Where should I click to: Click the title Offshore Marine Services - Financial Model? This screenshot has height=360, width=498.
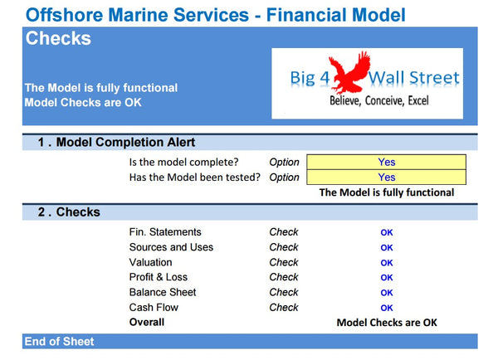click(215, 14)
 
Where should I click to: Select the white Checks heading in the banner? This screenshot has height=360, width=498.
click(58, 39)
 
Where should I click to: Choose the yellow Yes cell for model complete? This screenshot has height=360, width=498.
click(386, 163)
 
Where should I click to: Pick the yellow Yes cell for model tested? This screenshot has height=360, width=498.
click(386, 178)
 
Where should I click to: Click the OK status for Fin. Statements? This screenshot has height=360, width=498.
click(387, 233)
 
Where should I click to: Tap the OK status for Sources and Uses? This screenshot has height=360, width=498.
click(387, 248)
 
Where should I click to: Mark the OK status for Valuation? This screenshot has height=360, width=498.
click(387, 263)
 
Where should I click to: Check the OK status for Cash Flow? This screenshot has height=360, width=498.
click(387, 308)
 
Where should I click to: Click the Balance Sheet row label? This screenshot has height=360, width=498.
click(162, 292)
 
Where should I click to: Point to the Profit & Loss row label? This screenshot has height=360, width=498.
click(159, 277)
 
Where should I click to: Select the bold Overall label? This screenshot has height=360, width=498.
click(147, 322)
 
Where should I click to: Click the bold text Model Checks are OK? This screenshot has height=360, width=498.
click(386, 323)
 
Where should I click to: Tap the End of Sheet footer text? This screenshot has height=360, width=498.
click(59, 342)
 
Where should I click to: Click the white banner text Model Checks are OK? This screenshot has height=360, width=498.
click(83, 103)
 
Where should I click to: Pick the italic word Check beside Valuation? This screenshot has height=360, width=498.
click(284, 262)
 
